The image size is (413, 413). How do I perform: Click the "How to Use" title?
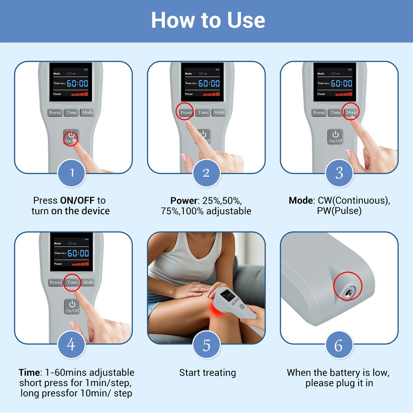pyautogui.click(x=208, y=20)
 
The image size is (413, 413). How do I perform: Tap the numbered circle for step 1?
pyautogui.click(x=71, y=173)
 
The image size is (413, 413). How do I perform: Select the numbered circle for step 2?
pyautogui.click(x=206, y=173)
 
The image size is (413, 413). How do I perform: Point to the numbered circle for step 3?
pyautogui.click(x=339, y=173)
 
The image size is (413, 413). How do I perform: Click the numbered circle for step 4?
pyautogui.click(x=71, y=344)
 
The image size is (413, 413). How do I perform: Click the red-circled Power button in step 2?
pyautogui.click(x=186, y=112)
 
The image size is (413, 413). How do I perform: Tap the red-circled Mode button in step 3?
pyautogui.click(x=351, y=112)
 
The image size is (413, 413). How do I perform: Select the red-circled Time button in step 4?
pyautogui.click(x=72, y=282)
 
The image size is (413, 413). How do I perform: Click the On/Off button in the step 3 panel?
pyautogui.click(x=335, y=137)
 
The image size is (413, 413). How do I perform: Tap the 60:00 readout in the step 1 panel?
pyautogui.click(x=77, y=83)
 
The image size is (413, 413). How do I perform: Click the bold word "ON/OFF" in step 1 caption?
pyautogui.click(x=77, y=201)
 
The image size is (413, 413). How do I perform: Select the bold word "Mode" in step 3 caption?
pyautogui.click(x=301, y=201)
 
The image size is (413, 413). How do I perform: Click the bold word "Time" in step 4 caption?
pyautogui.click(x=29, y=372)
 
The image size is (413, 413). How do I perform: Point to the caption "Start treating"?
pyautogui.click(x=208, y=373)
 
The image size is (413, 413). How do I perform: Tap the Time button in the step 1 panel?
pyautogui.click(x=71, y=112)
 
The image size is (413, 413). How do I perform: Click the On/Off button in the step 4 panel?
pyautogui.click(x=72, y=306)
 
